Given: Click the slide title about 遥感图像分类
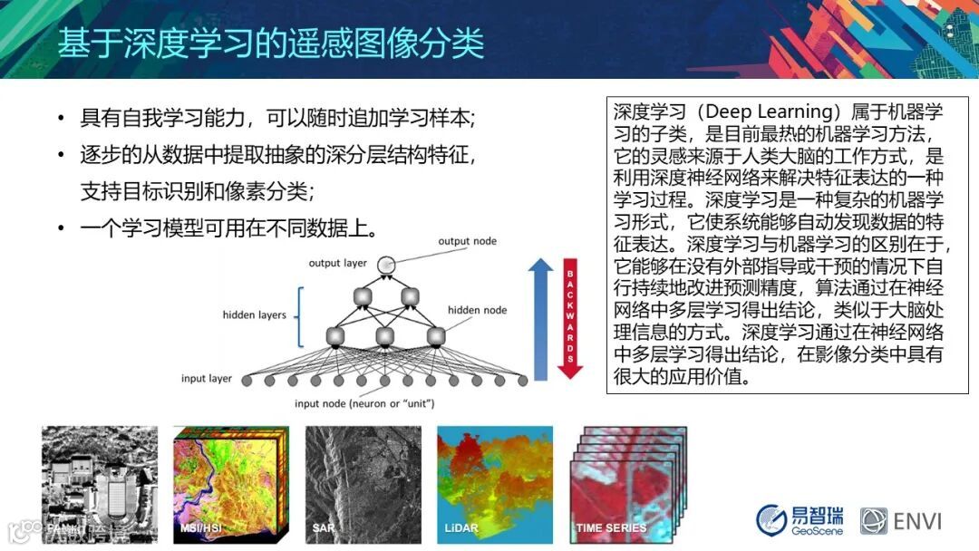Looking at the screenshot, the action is [271, 43].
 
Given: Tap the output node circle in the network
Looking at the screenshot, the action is [386, 265].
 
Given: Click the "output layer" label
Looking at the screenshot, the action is [338, 263].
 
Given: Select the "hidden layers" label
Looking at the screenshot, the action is [254, 314].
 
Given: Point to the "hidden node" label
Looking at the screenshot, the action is [477, 310].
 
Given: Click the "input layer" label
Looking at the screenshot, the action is [206, 378].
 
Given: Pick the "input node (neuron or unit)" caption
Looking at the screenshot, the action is [364, 403].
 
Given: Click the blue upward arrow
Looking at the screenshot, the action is [540, 319].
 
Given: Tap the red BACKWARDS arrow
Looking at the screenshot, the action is [569, 318].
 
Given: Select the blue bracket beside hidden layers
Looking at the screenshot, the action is [300, 317].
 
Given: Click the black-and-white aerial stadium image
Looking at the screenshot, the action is [100, 484].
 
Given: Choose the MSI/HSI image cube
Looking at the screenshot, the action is [231, 484].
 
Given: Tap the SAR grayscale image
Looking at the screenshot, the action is [363, 484].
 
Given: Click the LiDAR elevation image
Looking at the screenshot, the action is [495, 484].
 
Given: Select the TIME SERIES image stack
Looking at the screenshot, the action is [628, 484].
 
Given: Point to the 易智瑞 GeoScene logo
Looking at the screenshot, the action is [800, 520].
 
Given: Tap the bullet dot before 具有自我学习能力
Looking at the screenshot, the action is [61, 117].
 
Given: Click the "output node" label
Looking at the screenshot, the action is [467, 241].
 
